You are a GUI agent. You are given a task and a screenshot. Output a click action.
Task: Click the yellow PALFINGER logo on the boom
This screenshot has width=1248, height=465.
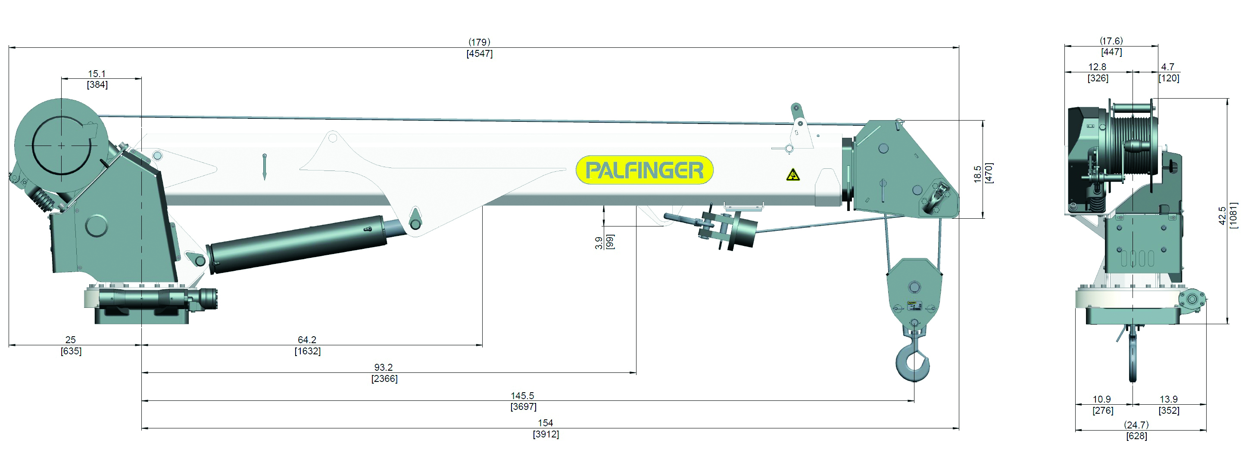tap(644, 170)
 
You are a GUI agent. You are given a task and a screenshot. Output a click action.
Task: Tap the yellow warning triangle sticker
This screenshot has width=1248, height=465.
tap(792, 175)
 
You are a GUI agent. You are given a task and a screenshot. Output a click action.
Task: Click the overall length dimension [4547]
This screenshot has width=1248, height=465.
tap(479, 54)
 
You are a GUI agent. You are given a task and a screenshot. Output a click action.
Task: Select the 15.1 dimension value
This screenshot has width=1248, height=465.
tap(97, 74)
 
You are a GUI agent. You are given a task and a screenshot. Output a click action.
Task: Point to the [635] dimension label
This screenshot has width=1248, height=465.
tap(71, 351)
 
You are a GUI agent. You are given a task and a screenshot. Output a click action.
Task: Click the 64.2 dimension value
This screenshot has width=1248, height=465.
tap(307, 340)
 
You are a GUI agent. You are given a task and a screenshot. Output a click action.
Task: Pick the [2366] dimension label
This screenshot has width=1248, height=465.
tap(384, 379)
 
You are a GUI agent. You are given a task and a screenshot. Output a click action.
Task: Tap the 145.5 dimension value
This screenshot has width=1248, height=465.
tap(522, 396)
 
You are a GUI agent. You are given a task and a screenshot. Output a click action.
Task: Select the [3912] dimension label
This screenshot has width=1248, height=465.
tap(546, 434)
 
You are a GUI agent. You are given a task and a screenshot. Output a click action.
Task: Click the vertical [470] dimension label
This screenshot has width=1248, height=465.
tap(989, 173)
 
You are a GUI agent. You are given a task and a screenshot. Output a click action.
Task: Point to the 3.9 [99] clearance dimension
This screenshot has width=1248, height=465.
tap(604, 242)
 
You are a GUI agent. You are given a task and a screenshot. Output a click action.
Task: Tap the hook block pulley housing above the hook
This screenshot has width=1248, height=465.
tap(914, 290)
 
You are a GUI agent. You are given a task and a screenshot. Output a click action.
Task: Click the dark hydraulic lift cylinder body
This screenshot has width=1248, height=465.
tap(298, 245)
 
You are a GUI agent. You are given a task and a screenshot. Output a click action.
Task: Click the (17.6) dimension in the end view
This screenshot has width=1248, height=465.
tap(1111, 40)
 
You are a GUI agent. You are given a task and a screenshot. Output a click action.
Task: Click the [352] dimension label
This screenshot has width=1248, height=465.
tap(1169, 411)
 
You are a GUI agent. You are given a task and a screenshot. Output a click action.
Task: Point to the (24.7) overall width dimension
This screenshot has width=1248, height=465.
tap(1136, 425)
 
